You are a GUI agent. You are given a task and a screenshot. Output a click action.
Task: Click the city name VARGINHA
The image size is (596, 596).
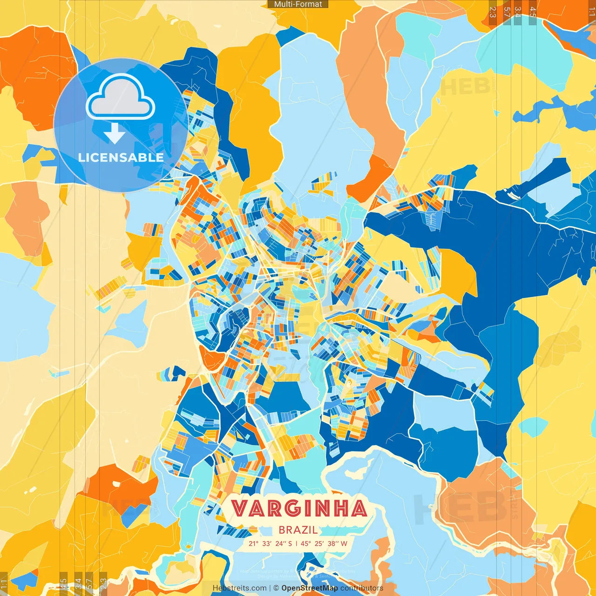[x=299, y=508]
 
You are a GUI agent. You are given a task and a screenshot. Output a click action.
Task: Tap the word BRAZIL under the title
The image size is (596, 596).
[x=298, y=530]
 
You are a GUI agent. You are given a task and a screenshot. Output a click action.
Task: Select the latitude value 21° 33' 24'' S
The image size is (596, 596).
[x=270, y=543]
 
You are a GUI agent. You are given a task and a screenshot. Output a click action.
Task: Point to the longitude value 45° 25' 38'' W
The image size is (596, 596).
[x=324, y=543]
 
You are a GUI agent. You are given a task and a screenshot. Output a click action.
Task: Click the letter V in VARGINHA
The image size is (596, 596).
[x=240, y=508]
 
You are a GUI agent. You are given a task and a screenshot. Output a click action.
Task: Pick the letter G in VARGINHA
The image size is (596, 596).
[x=292, y=508]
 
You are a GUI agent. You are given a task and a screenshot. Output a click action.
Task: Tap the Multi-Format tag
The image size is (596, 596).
[x=298, y=4]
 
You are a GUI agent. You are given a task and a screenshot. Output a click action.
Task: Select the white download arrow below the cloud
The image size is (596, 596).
[x=115, y=134]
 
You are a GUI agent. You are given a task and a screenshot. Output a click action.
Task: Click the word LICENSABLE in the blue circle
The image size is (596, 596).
[x=121, y=157]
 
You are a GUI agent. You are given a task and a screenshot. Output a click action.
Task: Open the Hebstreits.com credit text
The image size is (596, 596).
[x=239, y=588]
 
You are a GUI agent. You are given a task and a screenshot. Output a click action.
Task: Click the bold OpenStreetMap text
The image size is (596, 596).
[x=310, y=588]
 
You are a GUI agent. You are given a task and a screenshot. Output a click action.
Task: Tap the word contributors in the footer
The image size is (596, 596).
[x=362, y=588]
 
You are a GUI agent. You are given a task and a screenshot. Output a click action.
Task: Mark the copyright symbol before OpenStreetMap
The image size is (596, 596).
[x=276, y=588]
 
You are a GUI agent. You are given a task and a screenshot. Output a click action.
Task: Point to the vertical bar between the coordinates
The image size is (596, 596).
[x=297, y=543]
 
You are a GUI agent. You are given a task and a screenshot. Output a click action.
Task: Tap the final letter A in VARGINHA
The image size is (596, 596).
[x=359, y=508]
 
